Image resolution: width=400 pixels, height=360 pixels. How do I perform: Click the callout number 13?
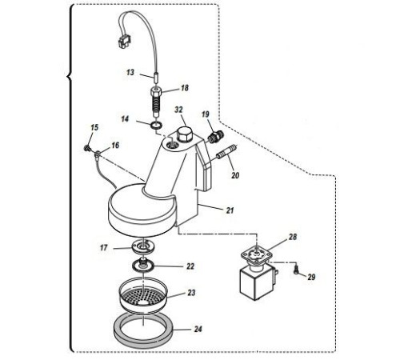click(x=130, y=72)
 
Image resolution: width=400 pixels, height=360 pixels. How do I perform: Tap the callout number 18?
click(x=185, y=88)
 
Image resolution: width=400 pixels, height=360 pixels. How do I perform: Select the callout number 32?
click(x=178, y=110)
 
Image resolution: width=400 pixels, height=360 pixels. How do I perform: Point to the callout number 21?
click(x=230, y=210)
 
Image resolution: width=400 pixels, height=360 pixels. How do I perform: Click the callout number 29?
click(x=311, y=277)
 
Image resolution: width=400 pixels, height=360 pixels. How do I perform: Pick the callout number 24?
click(x=198, y=329)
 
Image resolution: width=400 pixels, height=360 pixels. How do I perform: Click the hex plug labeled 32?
click(x=184, y=135)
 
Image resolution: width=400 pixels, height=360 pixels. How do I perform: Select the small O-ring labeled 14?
click(x=157, y=124)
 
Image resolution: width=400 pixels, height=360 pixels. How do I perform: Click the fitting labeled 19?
click(x=215, y=137)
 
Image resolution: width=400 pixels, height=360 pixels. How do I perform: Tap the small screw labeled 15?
click(x=87, y=147)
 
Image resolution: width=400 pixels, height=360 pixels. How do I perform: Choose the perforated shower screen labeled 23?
click(x=143, y=295)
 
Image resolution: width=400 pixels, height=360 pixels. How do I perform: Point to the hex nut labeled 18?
click(x=156, y=94)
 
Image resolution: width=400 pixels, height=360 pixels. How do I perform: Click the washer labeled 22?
click(x=143, y=266)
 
